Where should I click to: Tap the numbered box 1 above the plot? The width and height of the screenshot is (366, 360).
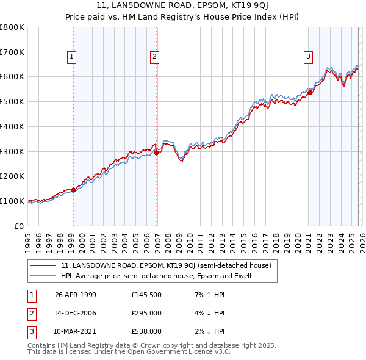tap(72, 57)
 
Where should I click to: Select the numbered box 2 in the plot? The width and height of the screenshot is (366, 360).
tap(155, 57)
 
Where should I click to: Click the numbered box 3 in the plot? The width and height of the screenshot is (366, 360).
tap(308, 57)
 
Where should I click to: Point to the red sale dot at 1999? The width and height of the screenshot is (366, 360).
tap(74, 190)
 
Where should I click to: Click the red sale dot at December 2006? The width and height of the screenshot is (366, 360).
tap(157, 153)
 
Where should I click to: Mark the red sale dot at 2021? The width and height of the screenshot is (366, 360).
tap(310, 92)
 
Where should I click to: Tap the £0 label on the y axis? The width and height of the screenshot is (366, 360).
tap(20, 226)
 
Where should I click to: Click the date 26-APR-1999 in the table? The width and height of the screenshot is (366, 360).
tap(76, 295)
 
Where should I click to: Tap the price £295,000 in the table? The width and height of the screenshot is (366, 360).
tap(146, 313)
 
